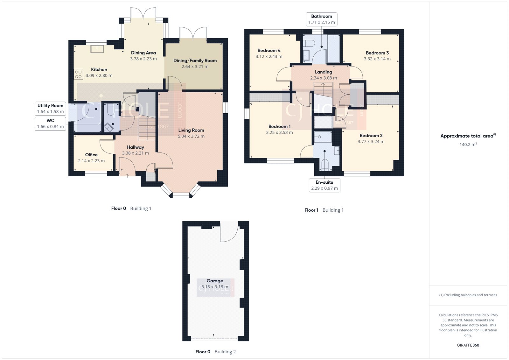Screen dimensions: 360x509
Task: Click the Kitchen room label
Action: point(99,69)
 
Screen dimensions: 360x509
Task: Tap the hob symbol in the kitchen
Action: point(78,74)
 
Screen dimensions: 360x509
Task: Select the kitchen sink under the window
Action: point(96,49)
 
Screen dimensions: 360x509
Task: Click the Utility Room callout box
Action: point(50,109)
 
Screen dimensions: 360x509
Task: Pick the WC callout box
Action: point(50,124)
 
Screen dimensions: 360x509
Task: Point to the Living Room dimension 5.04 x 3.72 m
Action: point(191,136)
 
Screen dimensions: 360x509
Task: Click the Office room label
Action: point(91,155)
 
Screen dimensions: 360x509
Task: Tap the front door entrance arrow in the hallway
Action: point(127,175)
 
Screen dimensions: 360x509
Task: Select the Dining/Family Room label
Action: point(195,60)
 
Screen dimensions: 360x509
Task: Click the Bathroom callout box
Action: point(321,19)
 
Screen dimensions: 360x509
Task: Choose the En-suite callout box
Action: point(324,185)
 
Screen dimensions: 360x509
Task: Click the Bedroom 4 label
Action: point(269,50)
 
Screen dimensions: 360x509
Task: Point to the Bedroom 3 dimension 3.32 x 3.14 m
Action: point(377,59)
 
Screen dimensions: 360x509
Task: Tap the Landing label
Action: point(323,72)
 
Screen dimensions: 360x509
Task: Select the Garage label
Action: point(215,281)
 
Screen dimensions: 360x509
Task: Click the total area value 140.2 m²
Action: point(468,145)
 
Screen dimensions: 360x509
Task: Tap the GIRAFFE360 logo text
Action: point(468,345)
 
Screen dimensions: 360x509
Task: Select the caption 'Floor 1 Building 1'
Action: point(324,210)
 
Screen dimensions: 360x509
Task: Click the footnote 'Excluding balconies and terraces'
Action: point(468,295)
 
